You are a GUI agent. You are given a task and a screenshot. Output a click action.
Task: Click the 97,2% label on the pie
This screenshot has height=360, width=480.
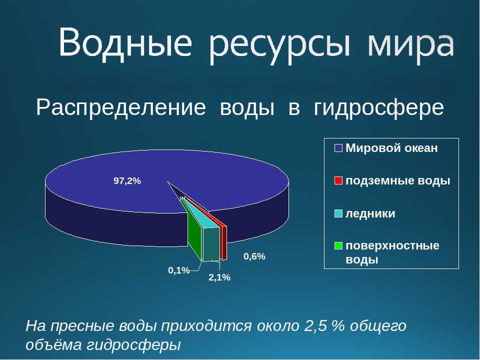pyautogui.click(x=127, y=181)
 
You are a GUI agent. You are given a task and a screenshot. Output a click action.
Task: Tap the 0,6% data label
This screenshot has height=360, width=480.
pyautogui.click(x=254, y=256)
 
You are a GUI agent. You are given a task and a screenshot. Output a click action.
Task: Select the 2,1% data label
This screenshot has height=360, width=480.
pyautogui.click(x=219, y=277)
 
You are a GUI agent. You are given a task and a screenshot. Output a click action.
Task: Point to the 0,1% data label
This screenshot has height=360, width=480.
pyautogui.click(x=179, y=270)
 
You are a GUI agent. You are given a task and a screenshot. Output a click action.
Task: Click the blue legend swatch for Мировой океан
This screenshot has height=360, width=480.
pyautogui.click(x=338, y=148)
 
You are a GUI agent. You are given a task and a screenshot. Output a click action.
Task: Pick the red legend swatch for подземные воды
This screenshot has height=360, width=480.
pyautogui.click(x=338, y=180)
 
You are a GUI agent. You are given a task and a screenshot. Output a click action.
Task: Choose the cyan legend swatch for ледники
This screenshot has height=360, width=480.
pyautogui.click(x=338, y=213)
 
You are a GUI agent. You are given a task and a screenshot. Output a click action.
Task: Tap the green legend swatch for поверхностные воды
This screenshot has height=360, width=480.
pyautogui.click(x=338, y=245)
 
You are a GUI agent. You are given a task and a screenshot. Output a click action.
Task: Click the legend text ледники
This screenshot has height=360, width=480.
pyautogui.click(x=370, y=213)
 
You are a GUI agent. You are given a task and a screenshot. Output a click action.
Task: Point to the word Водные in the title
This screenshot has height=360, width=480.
pyautogui.click(x=125, y=42)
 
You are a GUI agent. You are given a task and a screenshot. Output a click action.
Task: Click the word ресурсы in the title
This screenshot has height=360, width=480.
pyautogui.click(x=280, y=46)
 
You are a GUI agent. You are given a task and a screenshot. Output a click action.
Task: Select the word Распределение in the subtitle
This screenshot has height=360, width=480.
pyautogui.click(x=121, y=107)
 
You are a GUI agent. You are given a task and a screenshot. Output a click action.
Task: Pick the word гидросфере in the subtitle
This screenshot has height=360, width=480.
pyautogui.click(x=378, y=108)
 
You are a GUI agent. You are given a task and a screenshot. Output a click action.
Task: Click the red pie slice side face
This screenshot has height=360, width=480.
pyautogui.click(x=224, y=243)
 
